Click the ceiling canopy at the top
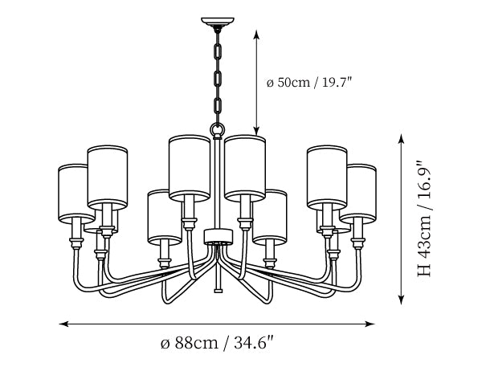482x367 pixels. (x=218, y=22)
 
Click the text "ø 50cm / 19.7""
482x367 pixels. (x=309, y=83)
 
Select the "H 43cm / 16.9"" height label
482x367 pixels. (x=424, y=218)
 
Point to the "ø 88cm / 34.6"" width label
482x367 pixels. (x=217, y=342)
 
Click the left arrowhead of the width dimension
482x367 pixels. (x=63, y=324)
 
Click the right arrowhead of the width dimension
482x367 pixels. (x=370, y=324)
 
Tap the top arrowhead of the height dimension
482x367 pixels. (x=401, y=139)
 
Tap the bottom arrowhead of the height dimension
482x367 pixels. (x=401, y=300)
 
